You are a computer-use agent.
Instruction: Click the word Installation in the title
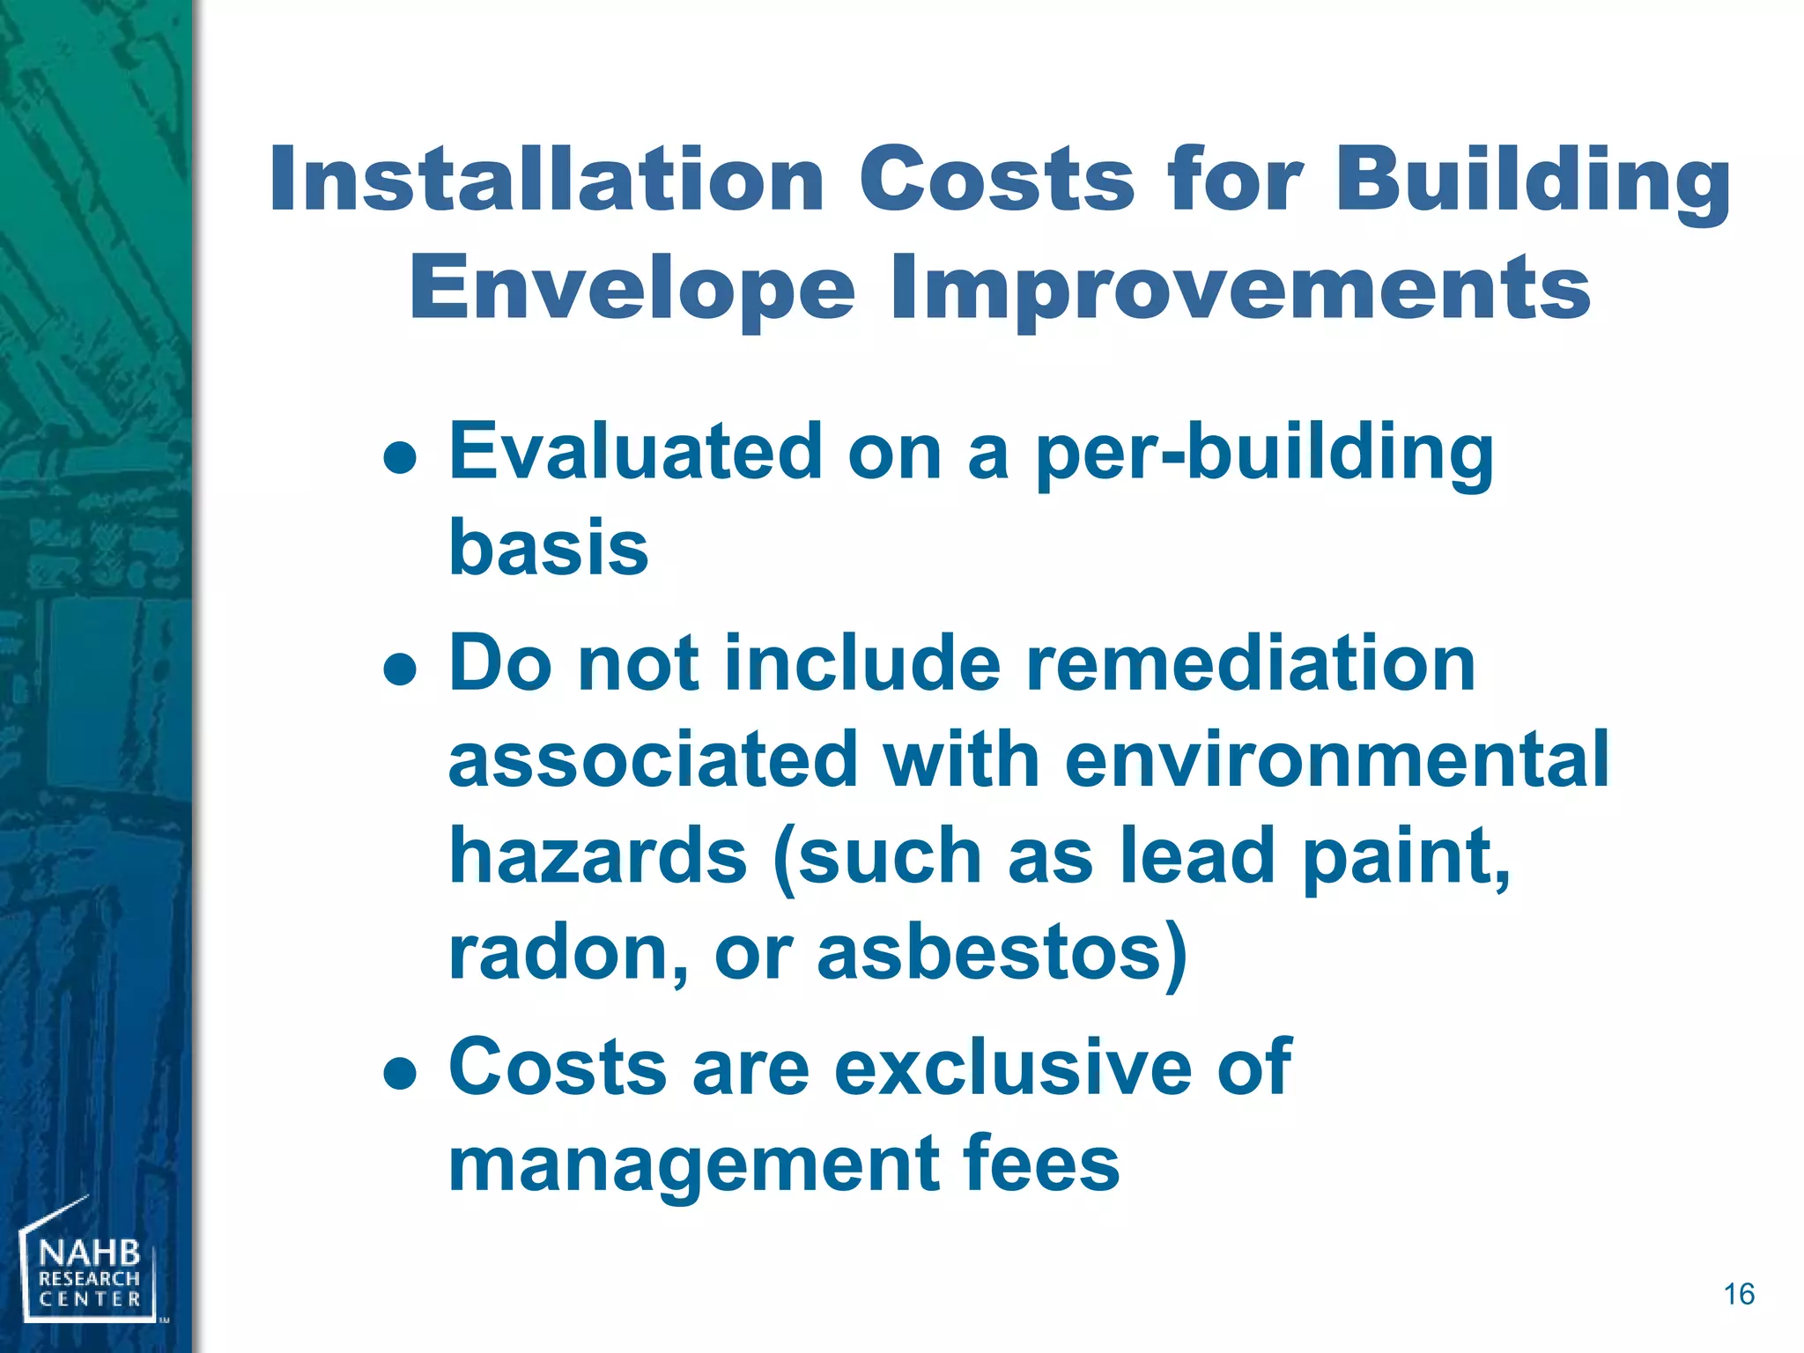point(546,181)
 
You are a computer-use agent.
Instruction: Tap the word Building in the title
point(1533,181)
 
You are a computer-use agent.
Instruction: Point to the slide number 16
point(1738,1294)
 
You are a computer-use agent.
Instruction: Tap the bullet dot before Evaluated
point(400,458)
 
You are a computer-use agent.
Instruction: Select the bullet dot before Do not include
point(400,669)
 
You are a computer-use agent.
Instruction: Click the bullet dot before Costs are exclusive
point(400,1074)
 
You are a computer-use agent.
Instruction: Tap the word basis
point(548,548)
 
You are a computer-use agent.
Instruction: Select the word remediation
point(1251,663)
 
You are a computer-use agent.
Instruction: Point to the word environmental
point(1336,759)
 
